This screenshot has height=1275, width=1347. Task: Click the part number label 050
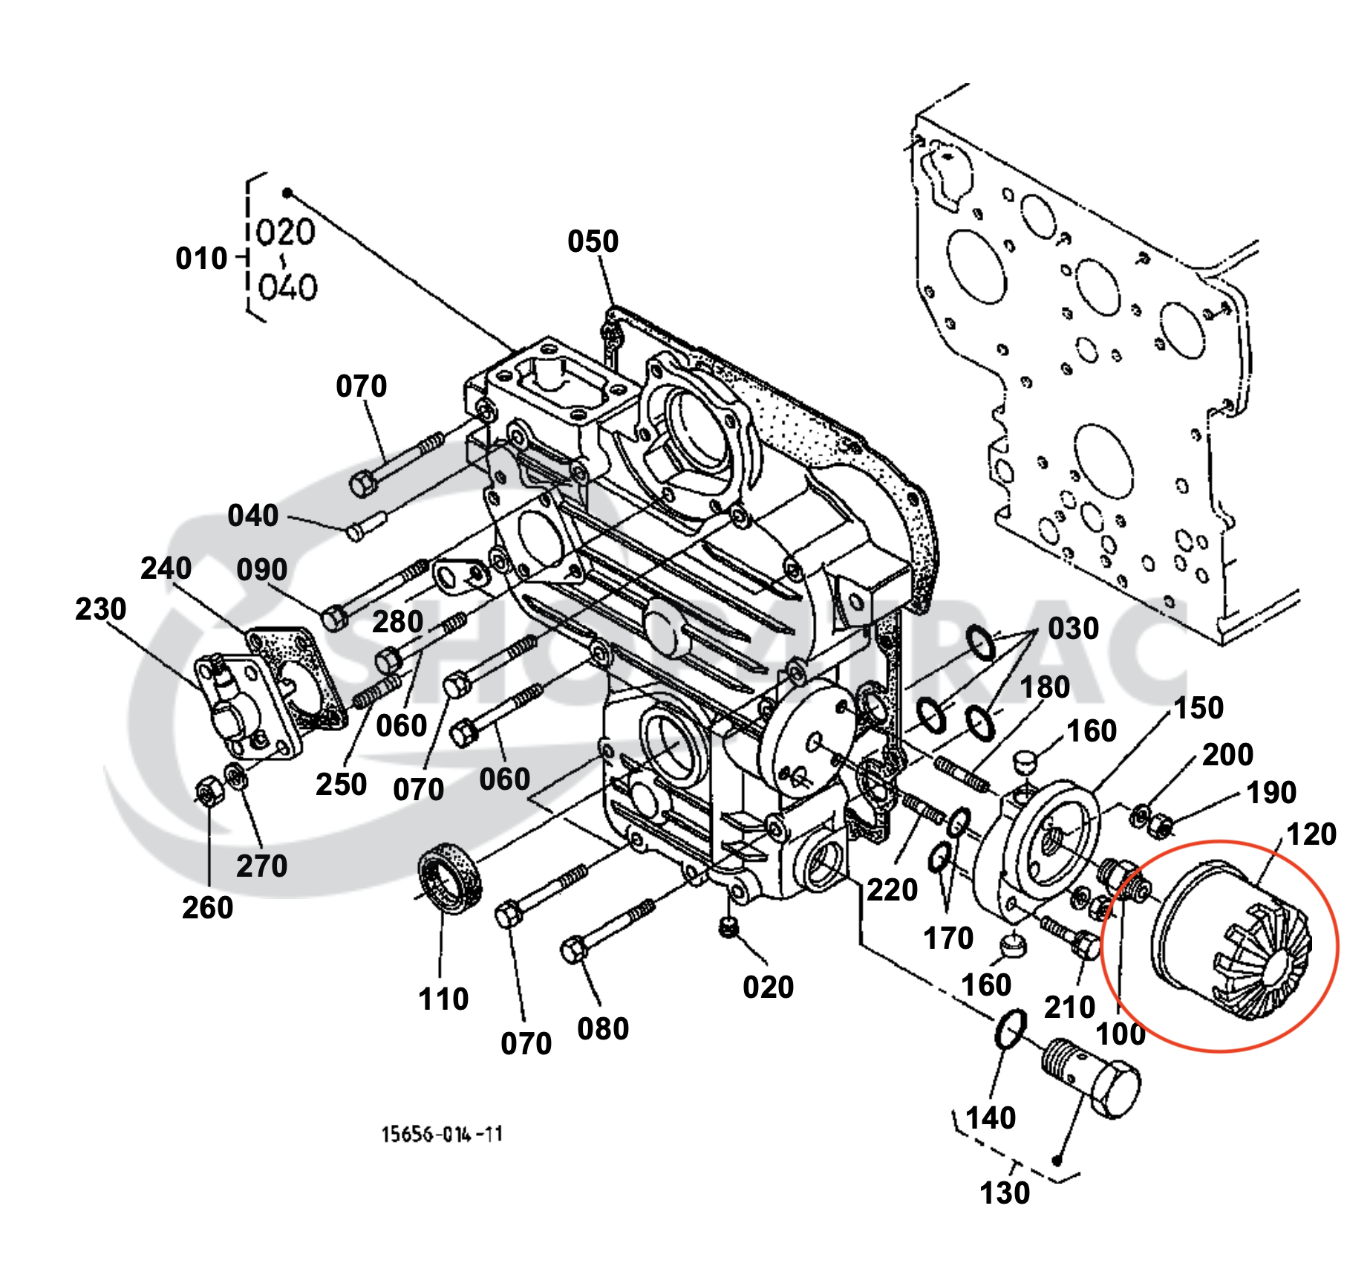[x=593, y=241]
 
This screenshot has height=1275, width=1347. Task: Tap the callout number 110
[x=443, y=999]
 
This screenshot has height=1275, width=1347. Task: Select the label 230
[x=100, y=609]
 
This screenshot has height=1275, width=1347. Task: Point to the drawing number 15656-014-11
[x=443, y=1134]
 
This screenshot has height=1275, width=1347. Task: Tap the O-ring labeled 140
[x=1010, y=1029]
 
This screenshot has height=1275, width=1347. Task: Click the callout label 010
[x=201, y=259]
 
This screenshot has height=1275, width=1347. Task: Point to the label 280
[x=397, y=622]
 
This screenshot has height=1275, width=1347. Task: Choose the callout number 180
[x=1045, y=687]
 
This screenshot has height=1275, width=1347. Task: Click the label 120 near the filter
[x=1311, y=834]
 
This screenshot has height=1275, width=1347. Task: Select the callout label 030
[x=1073, y=629]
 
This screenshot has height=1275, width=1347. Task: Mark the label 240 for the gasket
[x=166, y=568]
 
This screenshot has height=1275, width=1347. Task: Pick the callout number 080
[x=603, y=1029]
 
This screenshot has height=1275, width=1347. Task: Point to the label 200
[x=1227, y=755]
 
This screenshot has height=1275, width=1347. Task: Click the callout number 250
[x=341, y=785]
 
